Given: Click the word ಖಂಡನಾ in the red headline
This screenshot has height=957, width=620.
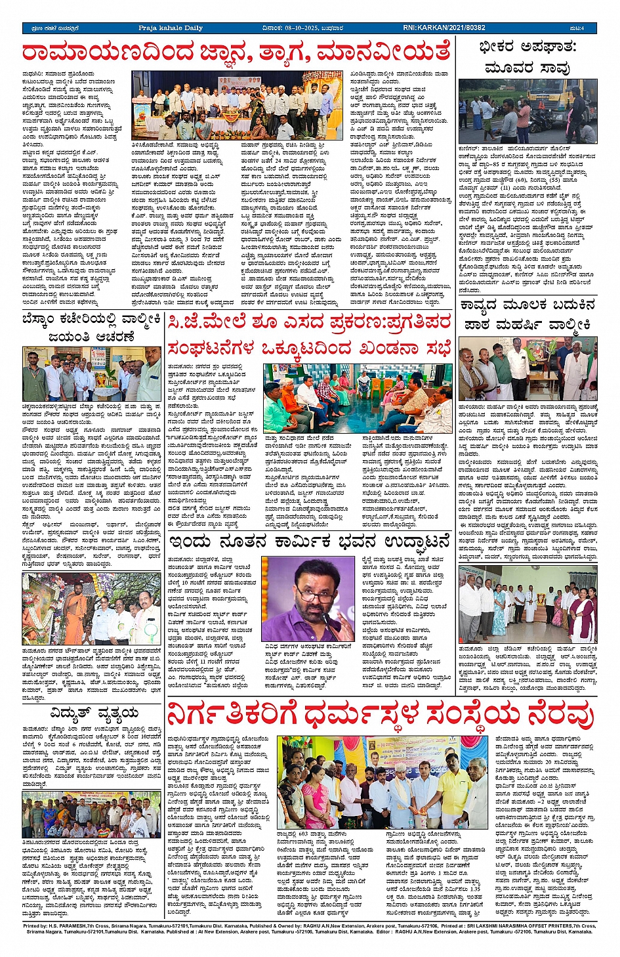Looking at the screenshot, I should point(377,347).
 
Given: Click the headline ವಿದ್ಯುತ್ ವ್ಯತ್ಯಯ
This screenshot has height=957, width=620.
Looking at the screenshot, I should point(92,713).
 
